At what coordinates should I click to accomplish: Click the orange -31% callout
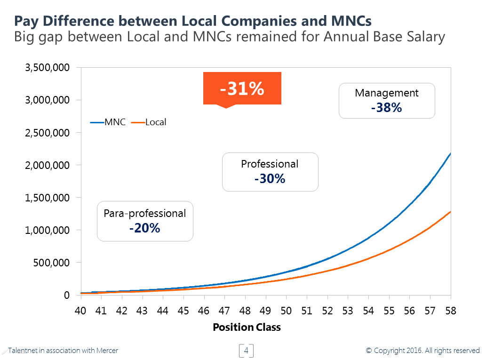242,88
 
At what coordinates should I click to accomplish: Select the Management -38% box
387,101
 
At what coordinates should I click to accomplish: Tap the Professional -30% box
270,172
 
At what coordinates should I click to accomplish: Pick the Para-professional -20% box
145,221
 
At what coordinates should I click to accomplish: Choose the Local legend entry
149,122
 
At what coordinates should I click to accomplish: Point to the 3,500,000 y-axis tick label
47,68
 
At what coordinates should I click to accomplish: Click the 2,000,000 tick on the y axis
47,165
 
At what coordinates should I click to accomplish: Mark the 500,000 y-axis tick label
50,263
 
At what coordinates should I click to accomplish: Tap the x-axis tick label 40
80,311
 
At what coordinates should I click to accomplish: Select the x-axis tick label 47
224,311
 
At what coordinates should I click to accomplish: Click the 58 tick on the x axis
451,311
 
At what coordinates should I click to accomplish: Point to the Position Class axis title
247,328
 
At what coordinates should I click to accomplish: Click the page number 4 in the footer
246,351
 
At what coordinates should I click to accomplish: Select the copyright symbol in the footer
369,351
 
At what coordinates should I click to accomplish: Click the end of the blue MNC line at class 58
451,153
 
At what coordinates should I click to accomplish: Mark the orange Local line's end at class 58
451,212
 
